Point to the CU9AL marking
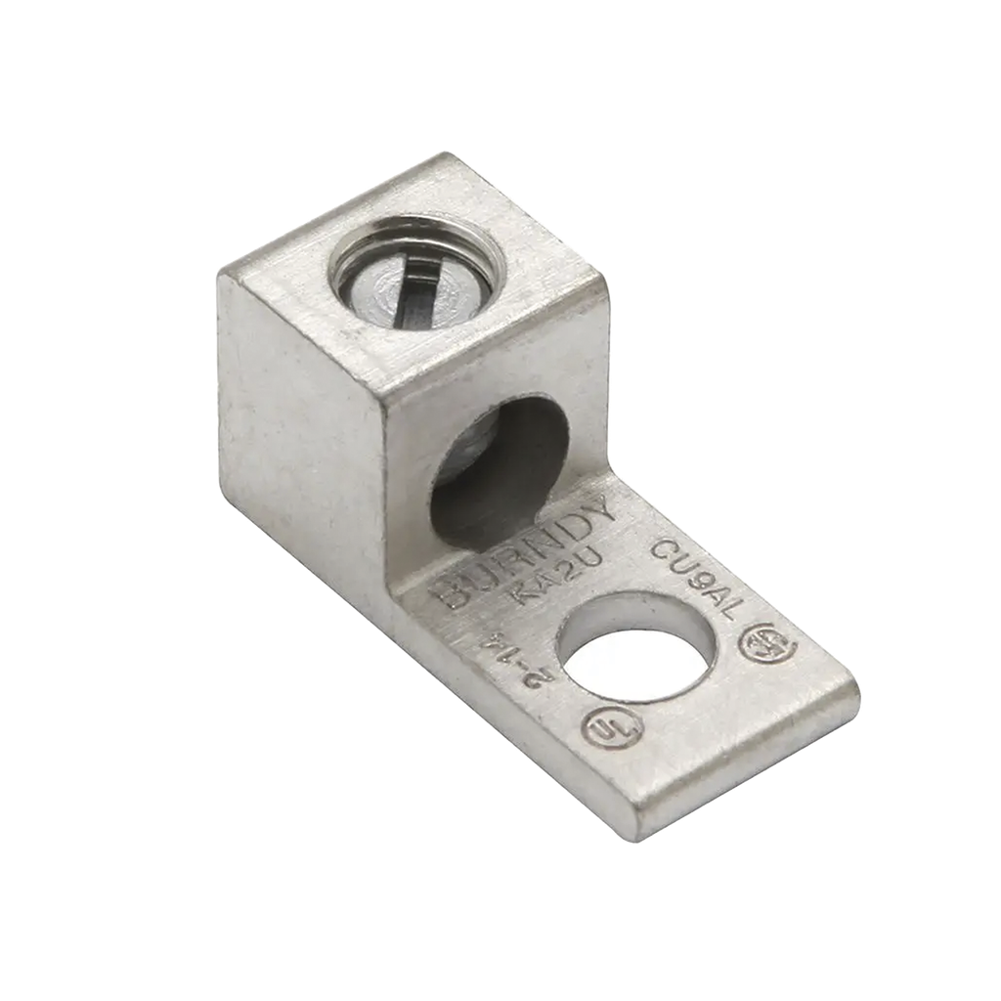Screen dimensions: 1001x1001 pyautogui.click(x=698, y=578)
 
